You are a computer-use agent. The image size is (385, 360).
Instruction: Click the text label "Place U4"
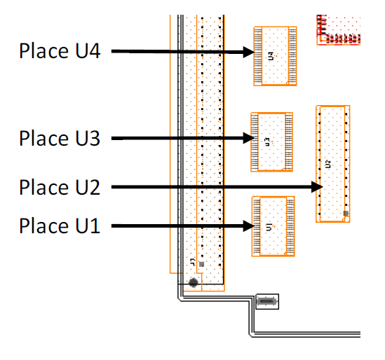pos(60,51)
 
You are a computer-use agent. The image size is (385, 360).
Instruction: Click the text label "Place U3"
pos(60,138)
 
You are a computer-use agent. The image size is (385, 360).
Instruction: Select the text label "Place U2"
pos(60,187)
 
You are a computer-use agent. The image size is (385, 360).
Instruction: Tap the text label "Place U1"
pos(60,226)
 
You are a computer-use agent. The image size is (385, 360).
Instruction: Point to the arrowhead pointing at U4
pos(249,52)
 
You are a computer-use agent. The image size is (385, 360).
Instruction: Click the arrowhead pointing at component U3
pos(249,138)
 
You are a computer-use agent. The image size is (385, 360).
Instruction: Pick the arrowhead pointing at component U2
pos(317,187)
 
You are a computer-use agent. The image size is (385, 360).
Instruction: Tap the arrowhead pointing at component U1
pos(249,226)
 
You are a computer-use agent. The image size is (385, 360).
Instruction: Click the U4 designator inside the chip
pos(271,56)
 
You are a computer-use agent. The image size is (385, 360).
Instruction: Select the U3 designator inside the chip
pos(267,141)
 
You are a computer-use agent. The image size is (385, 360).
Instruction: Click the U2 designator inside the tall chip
pos(327,164)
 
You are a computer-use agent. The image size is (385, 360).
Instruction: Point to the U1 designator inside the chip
pos(269,227)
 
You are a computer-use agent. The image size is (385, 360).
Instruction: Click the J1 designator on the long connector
pos(193,262)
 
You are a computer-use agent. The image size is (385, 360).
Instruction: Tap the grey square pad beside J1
pos(201,264)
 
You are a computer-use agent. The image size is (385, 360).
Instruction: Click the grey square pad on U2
pos(346,214)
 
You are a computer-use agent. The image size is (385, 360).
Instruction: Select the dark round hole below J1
pos(194,282)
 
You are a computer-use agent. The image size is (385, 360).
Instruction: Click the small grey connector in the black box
pos(267,301)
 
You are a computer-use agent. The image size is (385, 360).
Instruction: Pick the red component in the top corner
pos(338,30)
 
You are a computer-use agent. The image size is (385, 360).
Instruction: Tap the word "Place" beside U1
pos(43,226)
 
